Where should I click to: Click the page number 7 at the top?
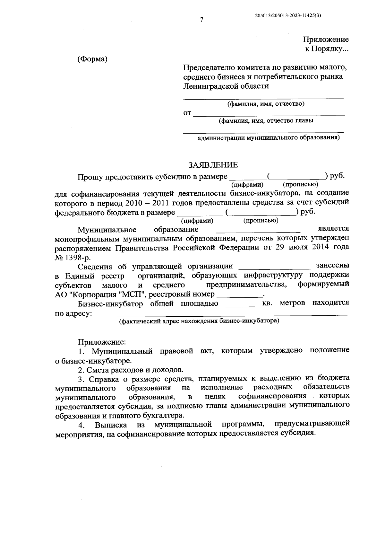pos(201,20)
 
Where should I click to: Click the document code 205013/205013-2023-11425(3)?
pos(288,15)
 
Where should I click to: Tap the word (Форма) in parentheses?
pos(92,59)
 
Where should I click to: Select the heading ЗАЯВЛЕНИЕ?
pos(213,165)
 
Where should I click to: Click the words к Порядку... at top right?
pos(326,49)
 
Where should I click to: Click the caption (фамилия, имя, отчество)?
pos(266,104)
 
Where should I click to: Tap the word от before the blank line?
pos(187,113)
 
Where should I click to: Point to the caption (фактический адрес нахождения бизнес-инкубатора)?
pos(199,321)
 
